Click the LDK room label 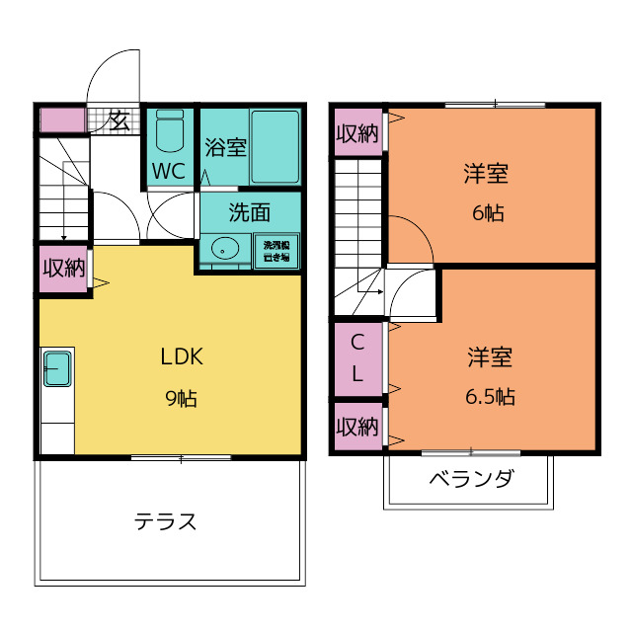(x=181, y=356)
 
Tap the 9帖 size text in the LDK (x=181, y=399)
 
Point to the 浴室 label (x=225, y=148)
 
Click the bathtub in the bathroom (x=275, y=146)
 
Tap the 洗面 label (x=249, y=211)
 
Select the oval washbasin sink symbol (x=226, y=248)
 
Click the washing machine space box (x=276, y=250)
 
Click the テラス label (x=166, y=521)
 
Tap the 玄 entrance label (x=118, y=120)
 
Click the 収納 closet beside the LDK (x=62, y=268)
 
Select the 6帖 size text (x=486, y=212)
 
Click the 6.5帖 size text (x=490, y=397)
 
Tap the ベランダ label (x=470, y=480)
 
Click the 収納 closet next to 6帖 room (x=356, y=133)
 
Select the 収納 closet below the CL (x=356, y=427)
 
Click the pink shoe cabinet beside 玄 (x=61, y=120)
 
